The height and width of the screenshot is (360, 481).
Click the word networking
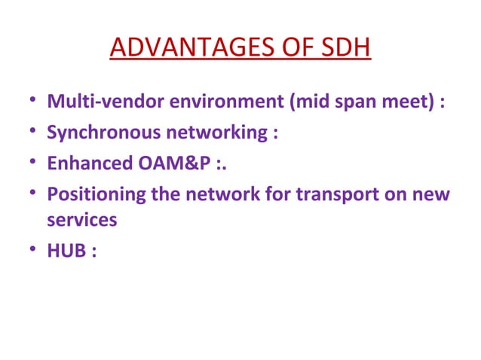coord(205,133)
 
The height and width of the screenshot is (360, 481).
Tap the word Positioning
coord(88,195)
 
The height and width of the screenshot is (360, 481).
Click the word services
coord(81,220)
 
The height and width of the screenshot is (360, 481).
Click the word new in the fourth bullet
coord(431,195)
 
